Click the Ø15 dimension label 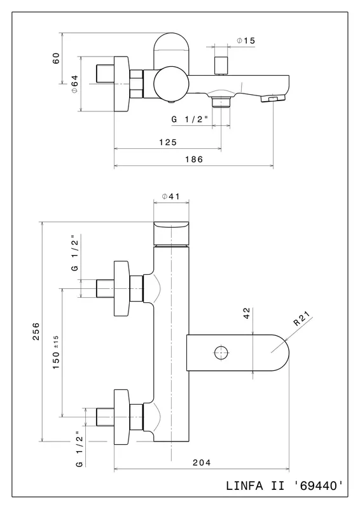point(246,41)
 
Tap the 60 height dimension point(56,58)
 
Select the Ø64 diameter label point(74,84)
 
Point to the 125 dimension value point(168,142)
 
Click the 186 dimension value point(194,160)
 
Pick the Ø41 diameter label point(170,197)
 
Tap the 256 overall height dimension point(36,331)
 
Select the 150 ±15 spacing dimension point(56,352)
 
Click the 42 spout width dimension point(247,313)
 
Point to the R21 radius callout point(301,319)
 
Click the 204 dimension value point(202,463)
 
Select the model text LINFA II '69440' point(284,486)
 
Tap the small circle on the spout point(221,352)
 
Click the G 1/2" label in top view point(190,120)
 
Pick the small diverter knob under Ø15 point(221,66)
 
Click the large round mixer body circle point(171,84)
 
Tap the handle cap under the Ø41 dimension point(171,233)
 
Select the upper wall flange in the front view point(121,288)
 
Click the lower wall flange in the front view point(121,417)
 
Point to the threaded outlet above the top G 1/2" point(221,102)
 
